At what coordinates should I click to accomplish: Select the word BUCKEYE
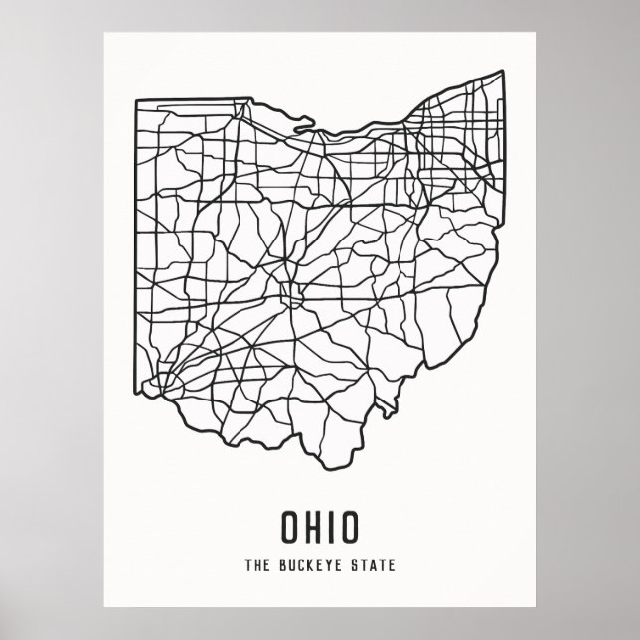tap(310, 566)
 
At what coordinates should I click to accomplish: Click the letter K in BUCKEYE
tap(310, 566)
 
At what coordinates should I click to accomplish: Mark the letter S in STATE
tap(357, 566)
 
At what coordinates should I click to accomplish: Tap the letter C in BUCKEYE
tap(300, 566)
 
